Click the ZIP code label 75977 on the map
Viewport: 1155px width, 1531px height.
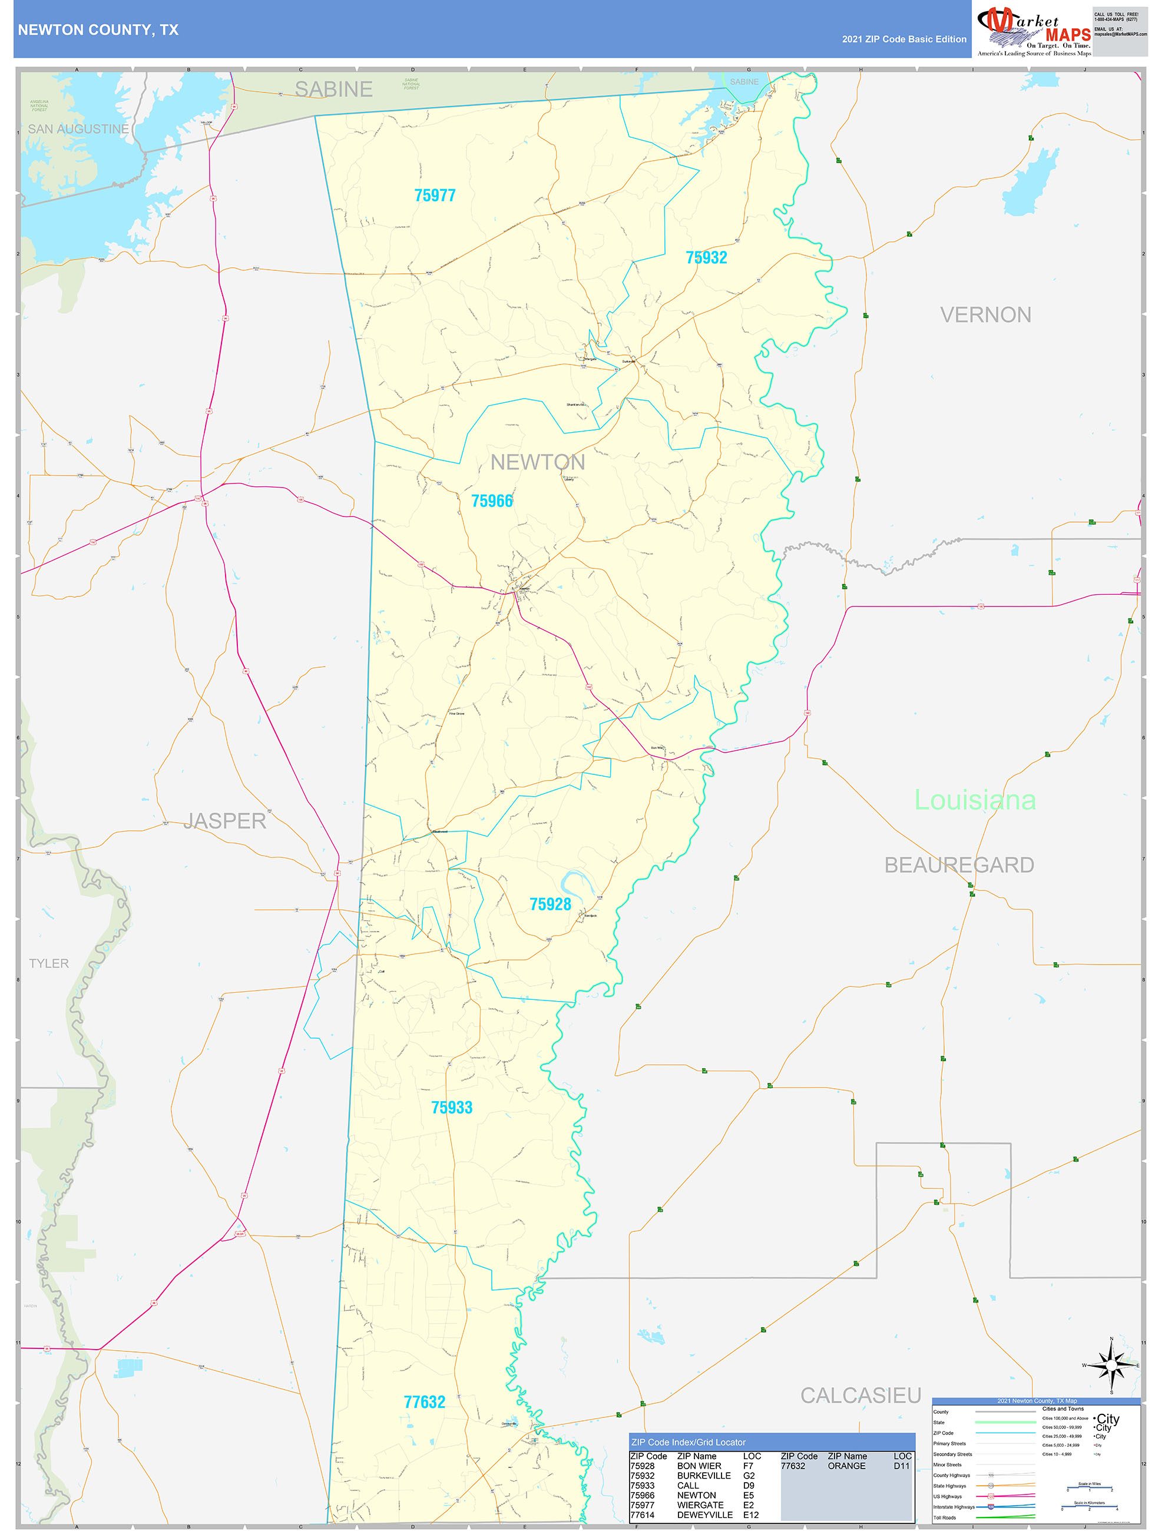point(435,196)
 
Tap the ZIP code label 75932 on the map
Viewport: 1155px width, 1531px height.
point(706,257)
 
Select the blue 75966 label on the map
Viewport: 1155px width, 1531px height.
point(492,501)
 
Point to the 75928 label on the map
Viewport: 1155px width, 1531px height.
point(550,904)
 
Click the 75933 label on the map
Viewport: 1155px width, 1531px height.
point(452,1108)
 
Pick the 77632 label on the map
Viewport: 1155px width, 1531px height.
point(424,1401)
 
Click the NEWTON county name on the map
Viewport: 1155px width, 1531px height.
point(537,462)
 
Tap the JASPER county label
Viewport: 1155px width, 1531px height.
point(224,821)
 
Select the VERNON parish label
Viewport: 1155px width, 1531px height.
point(985,315)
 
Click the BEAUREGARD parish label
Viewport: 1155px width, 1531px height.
point(958,865)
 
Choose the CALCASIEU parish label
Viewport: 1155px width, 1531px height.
point(860,1396)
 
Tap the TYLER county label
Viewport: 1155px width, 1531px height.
point(48,963)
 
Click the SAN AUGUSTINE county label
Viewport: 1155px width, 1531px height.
point(78,130)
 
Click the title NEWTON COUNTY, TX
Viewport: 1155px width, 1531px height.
point(98,30)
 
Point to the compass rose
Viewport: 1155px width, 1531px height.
point(1111,1366)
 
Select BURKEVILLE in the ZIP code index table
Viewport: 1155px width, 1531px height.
point(703,1476)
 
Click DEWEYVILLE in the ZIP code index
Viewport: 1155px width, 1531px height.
point(704,1515)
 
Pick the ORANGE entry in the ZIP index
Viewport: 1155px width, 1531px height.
point(846,1466)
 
